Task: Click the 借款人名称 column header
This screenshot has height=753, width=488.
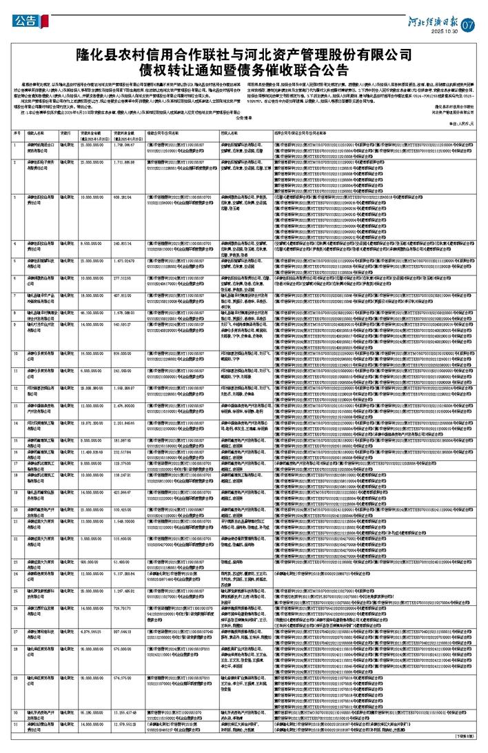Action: click(40, 131)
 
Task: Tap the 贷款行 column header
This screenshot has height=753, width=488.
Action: click(67, 131)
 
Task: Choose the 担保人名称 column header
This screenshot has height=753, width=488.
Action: click(230, 131)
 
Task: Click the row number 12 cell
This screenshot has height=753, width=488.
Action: click(17, 408)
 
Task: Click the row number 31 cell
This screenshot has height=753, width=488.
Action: click(17, 724)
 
